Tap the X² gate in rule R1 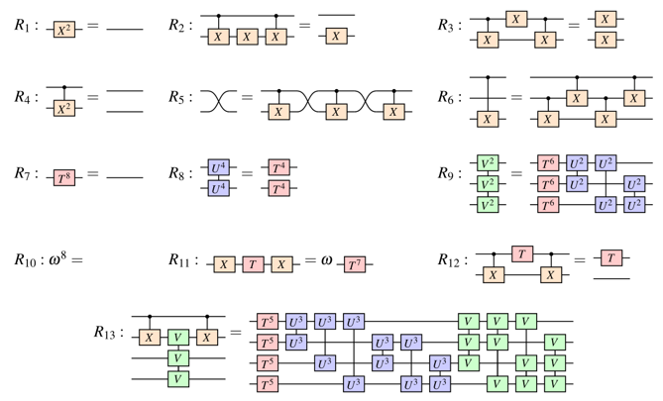[64, 31]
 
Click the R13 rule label [107, 333]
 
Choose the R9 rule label [449, 173]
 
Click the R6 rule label [449, 97]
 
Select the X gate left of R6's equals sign [486, 119]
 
